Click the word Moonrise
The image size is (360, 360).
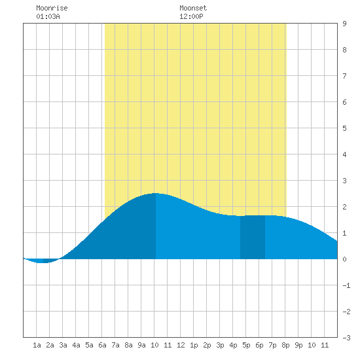pyautogui.click(x=52, y=9)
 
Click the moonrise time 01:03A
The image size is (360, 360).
pyautogui.click(x=48, y=16)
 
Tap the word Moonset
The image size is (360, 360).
pyautogui.click(x=193, y=9)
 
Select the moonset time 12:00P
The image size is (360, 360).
pyautogui.click(x=191, y=16)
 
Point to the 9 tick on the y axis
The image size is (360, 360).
pyautogui.click(x=344, y=24)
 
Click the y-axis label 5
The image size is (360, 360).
pyautogui.click(x=344, y=128)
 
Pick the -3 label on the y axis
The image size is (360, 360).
pyautogui.click(x=346, y=338)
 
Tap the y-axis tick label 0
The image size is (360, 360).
pyautogui.click(x=344, y=259)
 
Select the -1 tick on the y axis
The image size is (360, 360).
pyautogui.click(x=346, y=285)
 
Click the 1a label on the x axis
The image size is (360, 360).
pyautogui.click(x=37, y=345)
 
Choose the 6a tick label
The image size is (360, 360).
pyautogui.click(x=102, y=345)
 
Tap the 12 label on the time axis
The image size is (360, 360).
pyautogui.click(x=181, y=345)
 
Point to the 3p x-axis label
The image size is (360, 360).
pyautogui.click(x=220, y=345)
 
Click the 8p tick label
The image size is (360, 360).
pyautogui.click(x=285, y=345)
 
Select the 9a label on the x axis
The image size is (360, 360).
pyautogui.click(x=141, y=345)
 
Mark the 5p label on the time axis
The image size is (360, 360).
pyautogui.click(x=246, y=345)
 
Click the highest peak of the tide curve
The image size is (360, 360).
pyautogui.click(x=156, y=193)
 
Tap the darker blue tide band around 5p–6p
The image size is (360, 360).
pyautogui.click(x=253, y=237)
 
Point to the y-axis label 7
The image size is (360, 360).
pyautogui.click(x=344, y=76)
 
